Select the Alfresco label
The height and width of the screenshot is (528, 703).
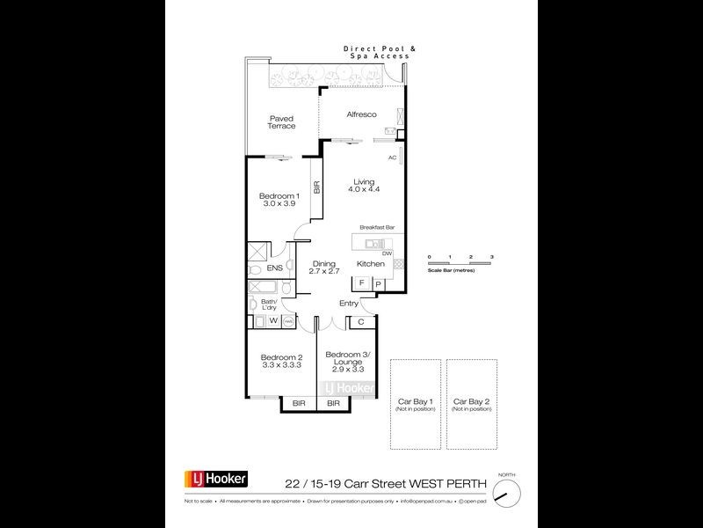[361, 115]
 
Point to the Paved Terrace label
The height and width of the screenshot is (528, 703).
[281, 121]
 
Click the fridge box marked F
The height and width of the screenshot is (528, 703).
[361, 283]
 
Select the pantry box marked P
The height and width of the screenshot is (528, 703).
[378, 283]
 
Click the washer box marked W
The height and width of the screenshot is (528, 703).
[272, 321]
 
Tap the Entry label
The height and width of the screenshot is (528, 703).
[349, 304]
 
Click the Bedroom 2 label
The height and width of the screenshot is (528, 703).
[281, 361]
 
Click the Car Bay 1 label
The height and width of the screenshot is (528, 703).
[415, 404]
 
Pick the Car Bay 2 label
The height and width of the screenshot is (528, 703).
[469, 404]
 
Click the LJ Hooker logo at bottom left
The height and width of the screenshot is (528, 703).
[215, 480]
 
